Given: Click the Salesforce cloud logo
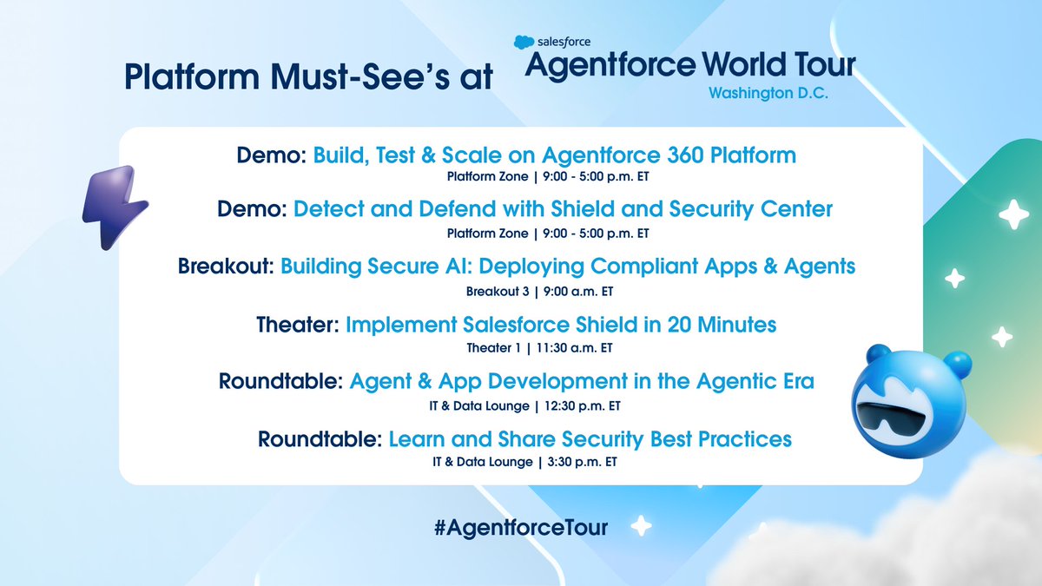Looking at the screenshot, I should pyautogui.click(x=523, y=41).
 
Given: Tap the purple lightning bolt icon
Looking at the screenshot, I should pyautogui.click(x=114, y=206).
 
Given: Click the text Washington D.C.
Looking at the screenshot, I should pyautogui.click(x=768, y=93).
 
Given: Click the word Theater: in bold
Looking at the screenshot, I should pyautogui.click(x=298, y=325).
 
